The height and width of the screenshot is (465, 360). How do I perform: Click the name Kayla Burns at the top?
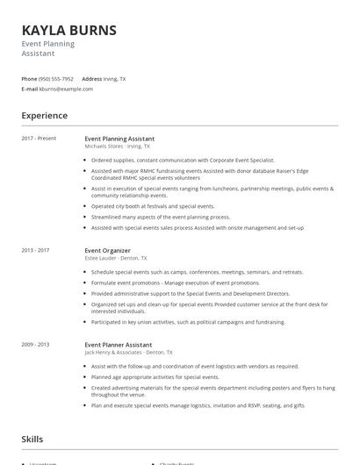click(x=68, y=31)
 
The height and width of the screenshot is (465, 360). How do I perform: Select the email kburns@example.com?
click(x=66, y=89)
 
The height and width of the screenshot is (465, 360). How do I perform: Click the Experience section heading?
click(x=44, y=116)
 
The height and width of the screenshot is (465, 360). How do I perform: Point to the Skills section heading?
click(x=33, y=438)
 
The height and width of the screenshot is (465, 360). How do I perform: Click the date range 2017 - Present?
click(x=39, y=139)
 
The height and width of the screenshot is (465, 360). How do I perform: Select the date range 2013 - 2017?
click(x=35, y=250)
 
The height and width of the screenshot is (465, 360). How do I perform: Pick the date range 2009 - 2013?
click(x=35, y=345)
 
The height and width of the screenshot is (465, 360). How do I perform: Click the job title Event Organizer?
click(x=107, y=250)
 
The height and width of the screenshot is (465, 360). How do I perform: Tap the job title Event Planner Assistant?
click(x=118, y=345)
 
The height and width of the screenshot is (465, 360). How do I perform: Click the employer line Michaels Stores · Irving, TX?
click(x=117, y=147)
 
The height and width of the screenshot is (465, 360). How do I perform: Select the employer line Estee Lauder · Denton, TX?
click(x=116, y=258)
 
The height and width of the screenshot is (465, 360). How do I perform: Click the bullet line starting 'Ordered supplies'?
click(x=183, y=161)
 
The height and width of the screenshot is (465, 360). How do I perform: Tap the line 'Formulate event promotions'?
click(x=176, y=283)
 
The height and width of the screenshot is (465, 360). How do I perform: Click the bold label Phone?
click(x=29, y=79)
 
